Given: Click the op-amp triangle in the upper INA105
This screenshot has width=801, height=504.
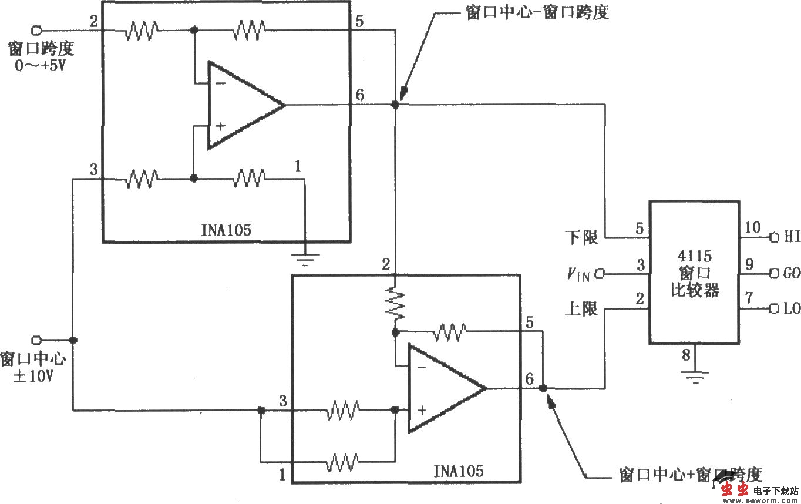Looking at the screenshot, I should (x=241, y=106).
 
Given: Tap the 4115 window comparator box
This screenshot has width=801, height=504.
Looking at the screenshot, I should (x=694, y=272).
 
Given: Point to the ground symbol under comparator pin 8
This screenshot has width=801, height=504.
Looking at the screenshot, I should (x=696, y=376).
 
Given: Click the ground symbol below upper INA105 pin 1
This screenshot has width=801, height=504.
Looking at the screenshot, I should (x=305, y=258).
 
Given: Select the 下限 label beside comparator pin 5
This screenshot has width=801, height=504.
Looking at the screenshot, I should (x=581, y=238).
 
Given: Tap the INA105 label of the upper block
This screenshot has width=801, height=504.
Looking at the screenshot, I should (x=226, y=230).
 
